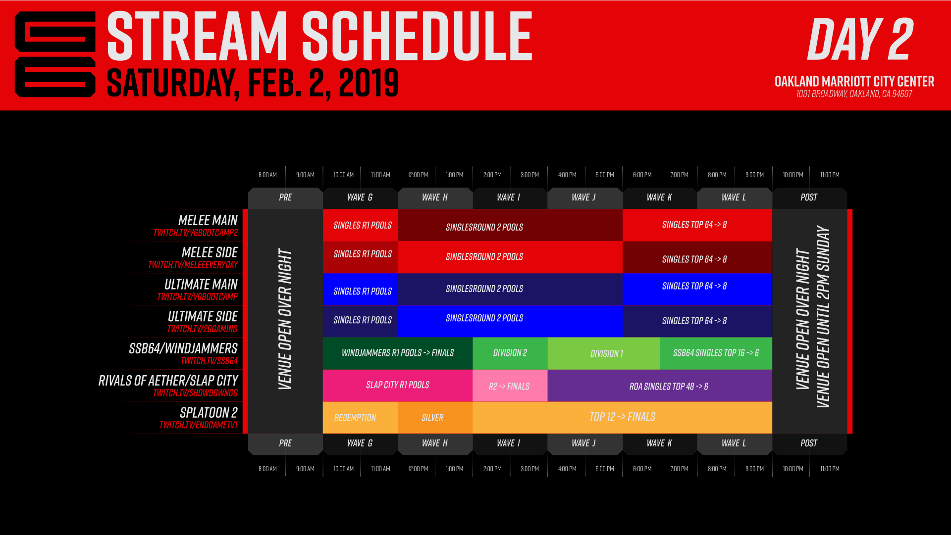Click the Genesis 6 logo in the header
click(55, 54)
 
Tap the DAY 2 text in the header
click(860, 40)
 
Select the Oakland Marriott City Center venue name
click(854, 81)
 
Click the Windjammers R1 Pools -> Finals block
click(397, 353)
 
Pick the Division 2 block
click(510, 353)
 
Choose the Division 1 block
click(606, 353)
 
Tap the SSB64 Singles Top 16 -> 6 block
click(716, 353)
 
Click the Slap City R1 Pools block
click(397, 385)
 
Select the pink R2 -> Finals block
click(509, 386)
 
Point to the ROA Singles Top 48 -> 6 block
click(668, 386)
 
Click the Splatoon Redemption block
click(355, 418)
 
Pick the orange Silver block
click(432, 418)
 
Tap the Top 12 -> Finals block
click(622, 417)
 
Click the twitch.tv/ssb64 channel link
click(209, 361)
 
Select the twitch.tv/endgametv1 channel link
click(198, 425)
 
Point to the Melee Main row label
click(208, 220)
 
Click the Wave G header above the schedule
click(360, 197)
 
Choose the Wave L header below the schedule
click(734, 443)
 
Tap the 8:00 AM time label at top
click(267, 175)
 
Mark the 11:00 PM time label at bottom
click(830, 469)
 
